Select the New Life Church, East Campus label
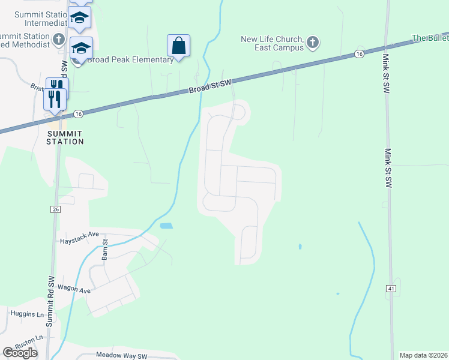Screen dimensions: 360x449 tap(272, 43)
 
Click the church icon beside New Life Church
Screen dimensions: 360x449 tap(312, 42)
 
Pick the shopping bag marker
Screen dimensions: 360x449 tap(178, 45)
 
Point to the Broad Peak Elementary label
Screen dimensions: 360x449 tap(130, 59)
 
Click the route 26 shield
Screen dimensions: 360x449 tap(55, 209)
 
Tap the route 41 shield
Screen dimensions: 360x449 tap(391, 289)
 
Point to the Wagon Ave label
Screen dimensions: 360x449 tap(74, 290)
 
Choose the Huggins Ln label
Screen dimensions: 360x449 tap(28, 313)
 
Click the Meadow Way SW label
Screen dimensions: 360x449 tap(122, 356)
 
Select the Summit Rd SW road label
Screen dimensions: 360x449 tap(50, 300)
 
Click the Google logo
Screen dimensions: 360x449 tap(20, 353)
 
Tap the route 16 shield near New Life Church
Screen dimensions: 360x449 tap(359, 54)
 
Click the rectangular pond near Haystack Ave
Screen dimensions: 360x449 tap(166, 226)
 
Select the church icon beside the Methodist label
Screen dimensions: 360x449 tap(58, 40)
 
